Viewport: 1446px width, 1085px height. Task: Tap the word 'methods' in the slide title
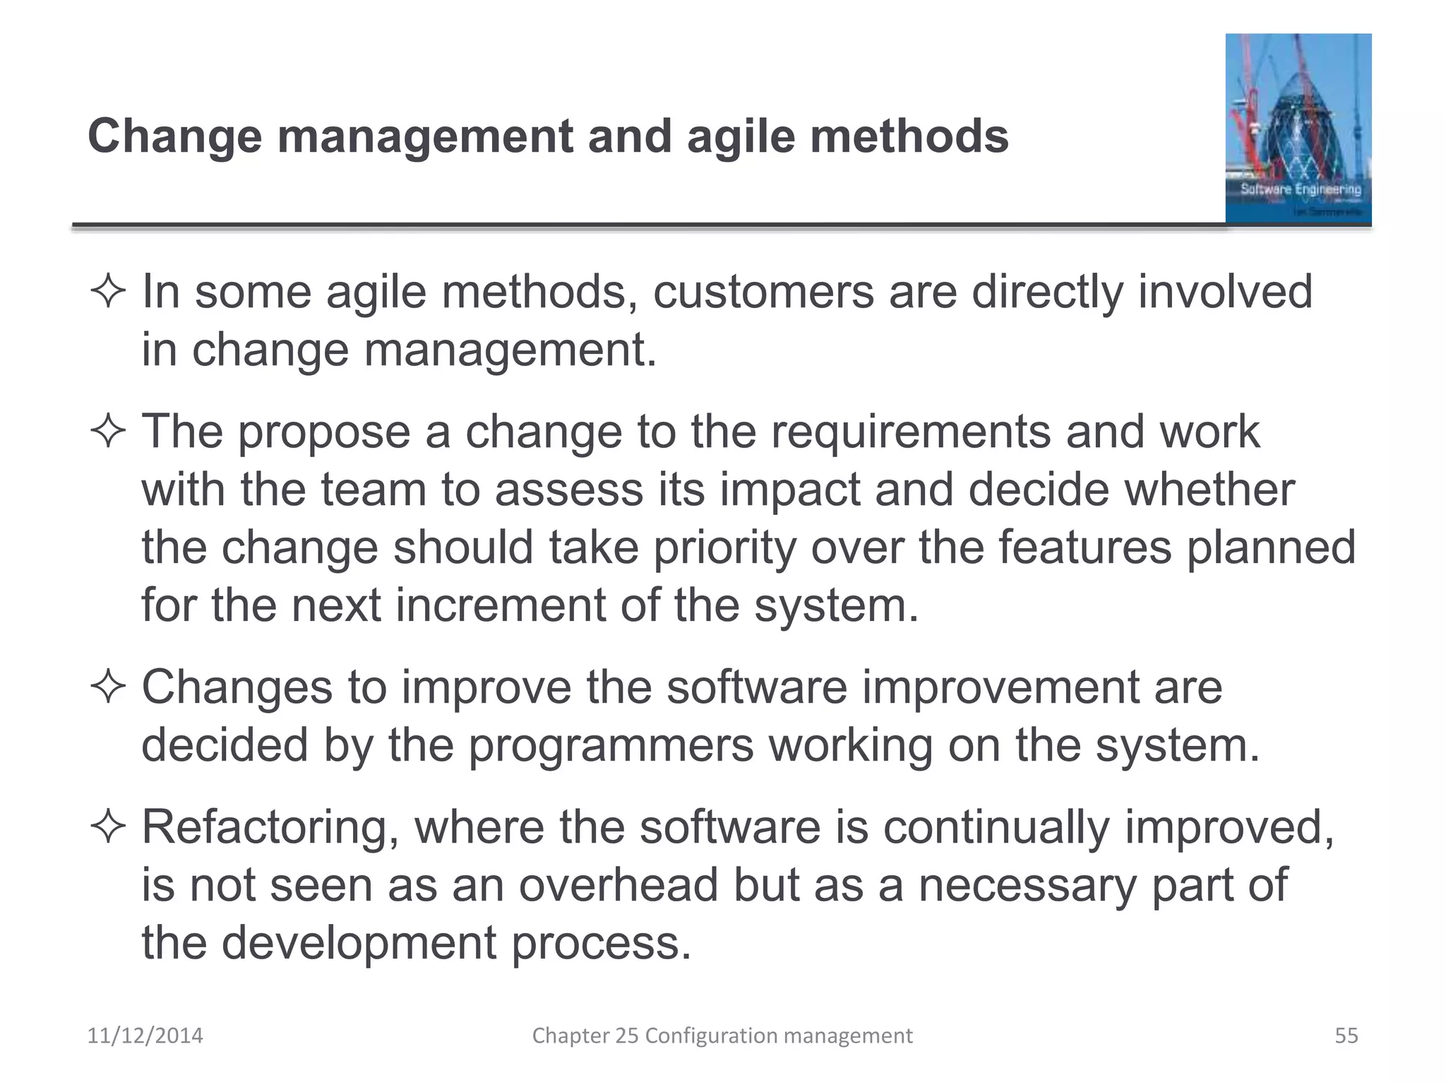point(909,136)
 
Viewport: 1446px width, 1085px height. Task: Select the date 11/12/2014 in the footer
point(145,1036)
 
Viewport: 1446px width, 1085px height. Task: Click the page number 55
point(1346,1036)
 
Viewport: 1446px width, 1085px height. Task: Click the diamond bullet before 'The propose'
point(108,432)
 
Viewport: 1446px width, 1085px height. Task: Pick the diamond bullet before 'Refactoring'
point(108,828)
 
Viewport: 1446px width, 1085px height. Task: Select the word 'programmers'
point(611,745)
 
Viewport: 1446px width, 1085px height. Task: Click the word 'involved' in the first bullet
point(1225,292)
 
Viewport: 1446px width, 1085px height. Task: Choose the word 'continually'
point(996,828)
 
